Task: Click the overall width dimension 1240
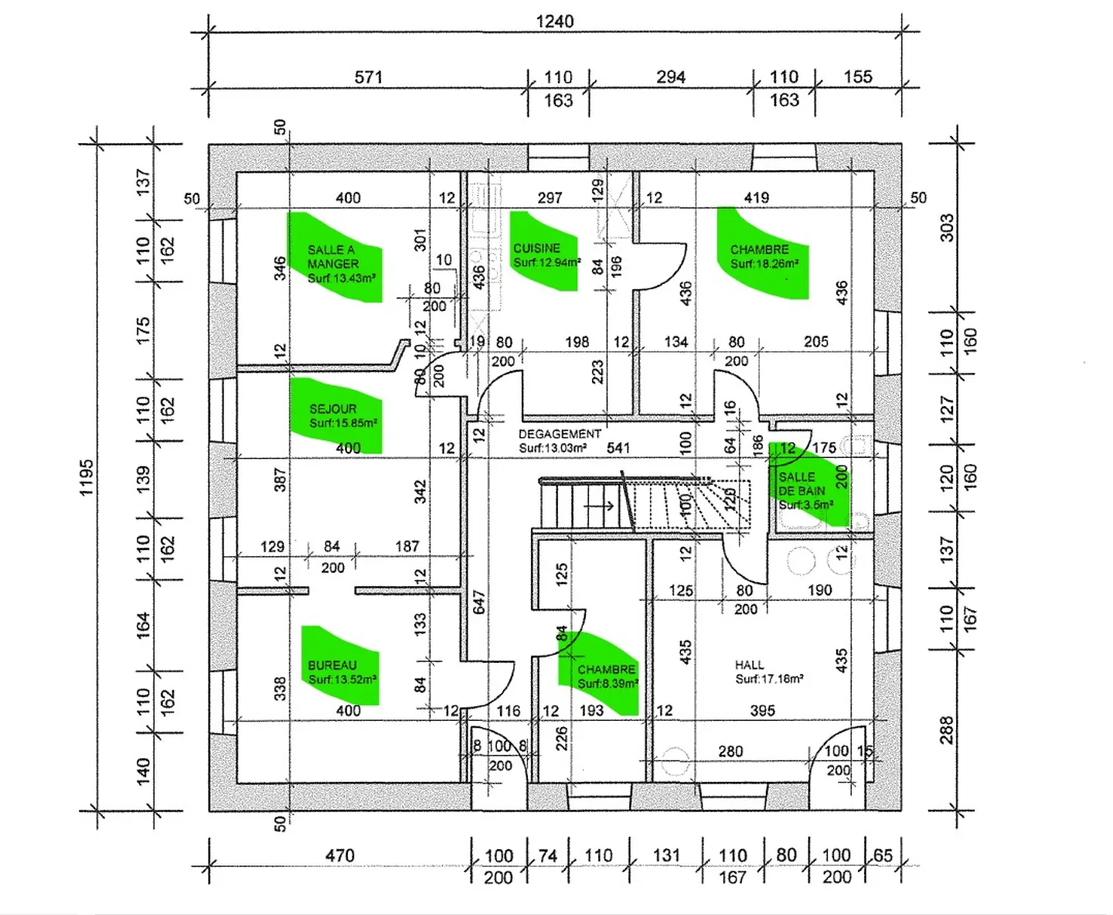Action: coord(554,22)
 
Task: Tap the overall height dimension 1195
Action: coord(86,477)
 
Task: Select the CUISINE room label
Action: coord(536,248)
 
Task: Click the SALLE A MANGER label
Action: coord(332,257)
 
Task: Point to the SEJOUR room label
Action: coord(333,408)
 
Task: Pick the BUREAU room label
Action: coord(332,665)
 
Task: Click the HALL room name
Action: coord(749,664)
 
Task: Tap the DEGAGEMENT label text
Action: coord(560,434)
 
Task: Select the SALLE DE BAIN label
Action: coord(802,484)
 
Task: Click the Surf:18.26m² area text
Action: coord(764,264)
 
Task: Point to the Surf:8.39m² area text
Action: coord(608,684)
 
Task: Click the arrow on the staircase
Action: coord(599,507)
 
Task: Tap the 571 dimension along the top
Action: coord(369,77)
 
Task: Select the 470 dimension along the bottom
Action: coord(339,855)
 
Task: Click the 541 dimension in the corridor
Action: coord(618,448)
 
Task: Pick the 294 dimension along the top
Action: coord(670,77)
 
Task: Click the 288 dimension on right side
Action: coord(947,730)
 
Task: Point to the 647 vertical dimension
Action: coord(478,603)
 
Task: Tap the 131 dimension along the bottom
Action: coord(666,855)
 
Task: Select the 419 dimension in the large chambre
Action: coord(756,198)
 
